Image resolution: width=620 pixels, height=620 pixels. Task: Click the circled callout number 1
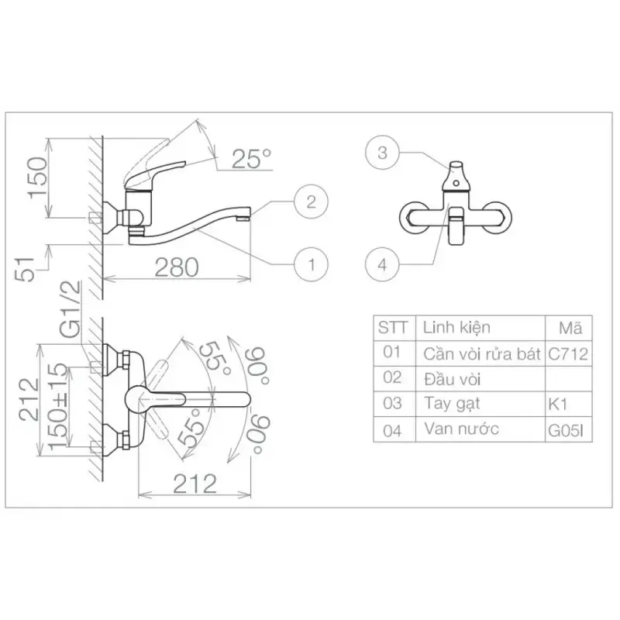click(x=312, y=264)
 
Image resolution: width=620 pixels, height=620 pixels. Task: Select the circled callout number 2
click(x=312, y=201)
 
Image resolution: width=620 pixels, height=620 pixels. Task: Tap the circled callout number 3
click(x=382, y=153)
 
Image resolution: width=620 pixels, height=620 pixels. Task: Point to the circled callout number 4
click(x=382, y=264)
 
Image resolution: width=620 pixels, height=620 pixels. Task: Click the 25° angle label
click(x=251, y=159)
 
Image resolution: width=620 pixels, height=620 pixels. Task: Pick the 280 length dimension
click(x=177, y=267)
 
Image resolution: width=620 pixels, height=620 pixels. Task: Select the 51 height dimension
click(x=25, y=269)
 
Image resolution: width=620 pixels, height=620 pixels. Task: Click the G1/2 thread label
click(x=71, y=308)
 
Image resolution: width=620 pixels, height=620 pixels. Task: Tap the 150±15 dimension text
click(x=58, y=406)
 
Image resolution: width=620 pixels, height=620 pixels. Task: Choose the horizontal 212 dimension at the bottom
click(x=195, y=484)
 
